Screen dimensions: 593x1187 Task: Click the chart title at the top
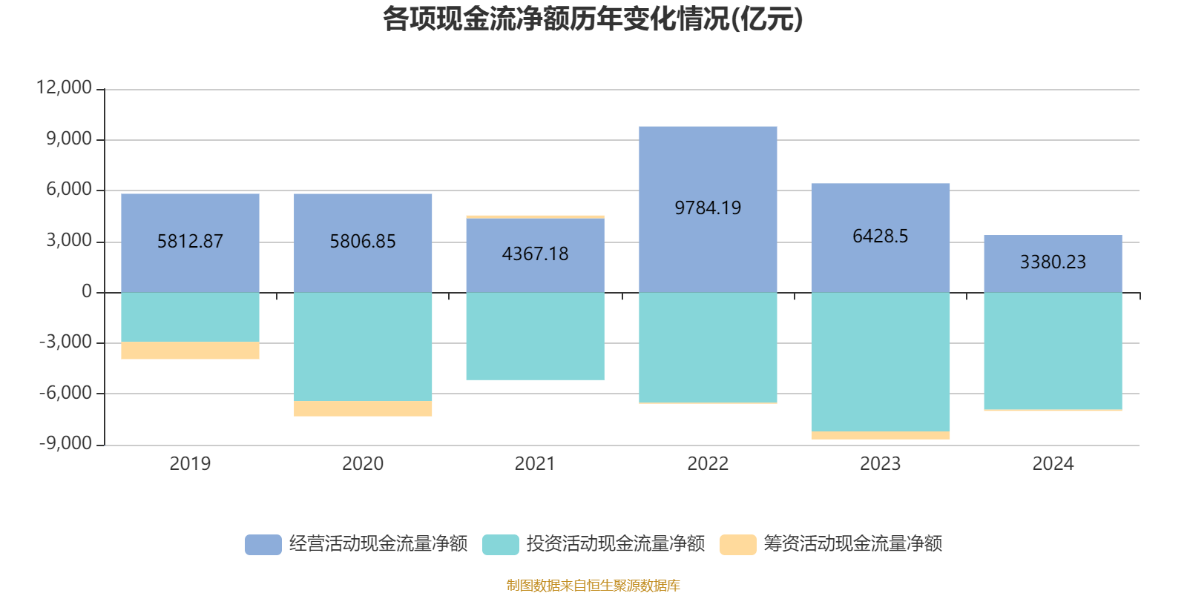tap(592, 19)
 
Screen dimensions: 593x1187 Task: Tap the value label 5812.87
tap(190, 242)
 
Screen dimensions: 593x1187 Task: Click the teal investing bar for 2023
tap(880, 362)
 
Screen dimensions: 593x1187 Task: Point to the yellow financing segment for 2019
tap(190, 351)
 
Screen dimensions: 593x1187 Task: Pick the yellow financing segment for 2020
tap(363, 408)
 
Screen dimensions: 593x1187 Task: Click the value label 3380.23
tap(1052, 262)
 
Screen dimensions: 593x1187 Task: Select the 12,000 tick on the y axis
tap(64, 87)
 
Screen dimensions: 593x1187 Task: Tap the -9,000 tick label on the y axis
tap(65, 443)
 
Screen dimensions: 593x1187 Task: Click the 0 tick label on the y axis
tap(87, 291)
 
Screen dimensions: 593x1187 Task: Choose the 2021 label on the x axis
tap(535, 464)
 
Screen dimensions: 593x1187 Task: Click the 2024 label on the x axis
tap(1052, 464)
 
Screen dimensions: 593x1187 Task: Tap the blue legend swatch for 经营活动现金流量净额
tap(263, 545)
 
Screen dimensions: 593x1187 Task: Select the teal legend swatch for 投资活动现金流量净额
tap(501, 545)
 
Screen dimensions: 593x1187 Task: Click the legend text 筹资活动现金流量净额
tap(852, 544)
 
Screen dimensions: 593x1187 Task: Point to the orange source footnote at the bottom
tap(593, 586)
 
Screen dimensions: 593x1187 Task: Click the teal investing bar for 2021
tap(535, 337)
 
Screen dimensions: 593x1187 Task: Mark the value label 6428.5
tap(880, 236)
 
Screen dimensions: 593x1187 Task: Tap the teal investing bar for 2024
tap(1052, 351)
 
